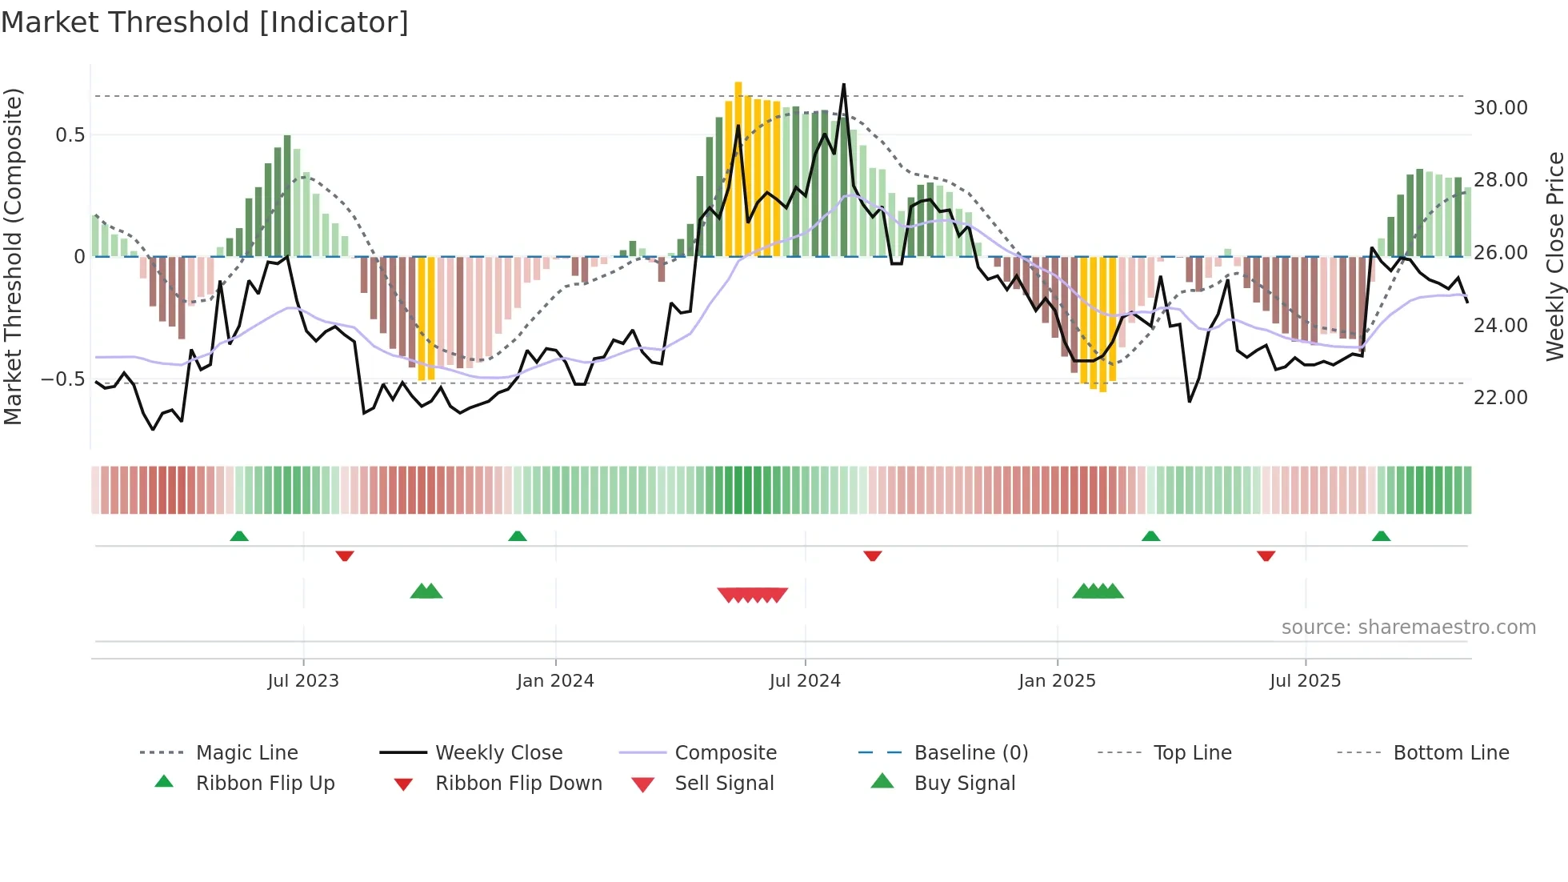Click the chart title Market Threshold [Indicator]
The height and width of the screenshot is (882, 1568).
click(x=205, y=22)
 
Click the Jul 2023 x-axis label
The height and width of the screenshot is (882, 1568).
click(x=303, y=681)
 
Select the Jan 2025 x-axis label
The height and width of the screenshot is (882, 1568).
click(x=1057, y=681)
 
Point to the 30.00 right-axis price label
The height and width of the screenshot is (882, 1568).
click(x=1500, y=108)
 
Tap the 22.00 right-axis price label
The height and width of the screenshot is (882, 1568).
click(x=1500, y=398)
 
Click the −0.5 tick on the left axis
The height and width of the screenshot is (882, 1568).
click(x=63, y=379)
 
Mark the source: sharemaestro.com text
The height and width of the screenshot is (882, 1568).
click(x=1408, y=627)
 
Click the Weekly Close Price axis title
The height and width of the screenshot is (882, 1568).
click(x=1554, y=256)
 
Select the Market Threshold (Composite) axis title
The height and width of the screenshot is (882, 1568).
click(x=13, y=256)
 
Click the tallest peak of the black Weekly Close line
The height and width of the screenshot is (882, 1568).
click(x=843, y=85)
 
